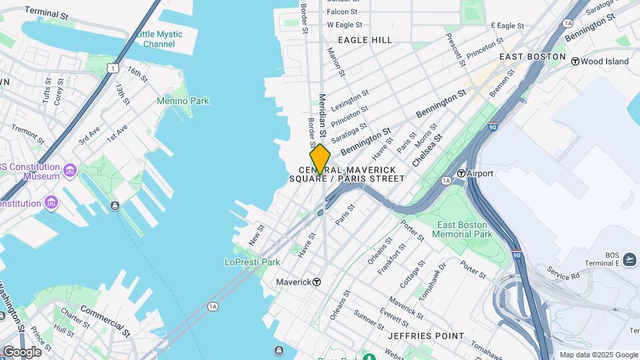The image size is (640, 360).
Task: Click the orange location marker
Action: coord(320,159)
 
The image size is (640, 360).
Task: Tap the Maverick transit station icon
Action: coord(317,282)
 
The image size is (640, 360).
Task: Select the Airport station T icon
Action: coord(461,173)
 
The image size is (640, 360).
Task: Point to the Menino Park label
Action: coord(183,101)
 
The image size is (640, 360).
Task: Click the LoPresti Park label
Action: coord(252,262)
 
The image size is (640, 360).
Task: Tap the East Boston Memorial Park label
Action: coord(462,229)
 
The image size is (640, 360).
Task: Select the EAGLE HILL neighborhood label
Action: coord(365,40)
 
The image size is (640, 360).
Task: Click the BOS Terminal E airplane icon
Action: coord(630,259)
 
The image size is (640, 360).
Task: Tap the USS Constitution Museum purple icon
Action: coord(69,171)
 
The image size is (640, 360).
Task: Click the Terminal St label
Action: coord(46,12)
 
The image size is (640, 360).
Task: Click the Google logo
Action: coord(22,351)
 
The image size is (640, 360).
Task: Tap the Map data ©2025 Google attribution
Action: coord(599,355)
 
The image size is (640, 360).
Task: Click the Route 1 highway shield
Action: coord(114,68)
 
